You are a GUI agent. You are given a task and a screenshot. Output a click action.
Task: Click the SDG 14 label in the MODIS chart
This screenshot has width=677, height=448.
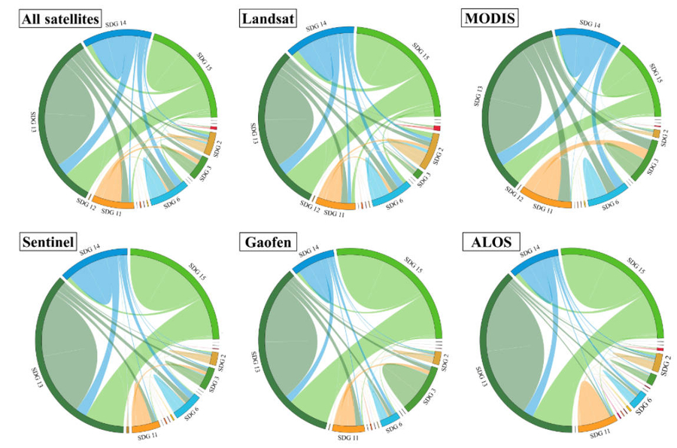coord(587,25)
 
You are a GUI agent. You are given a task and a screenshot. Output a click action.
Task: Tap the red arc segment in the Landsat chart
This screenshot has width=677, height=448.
coord(436,129)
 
